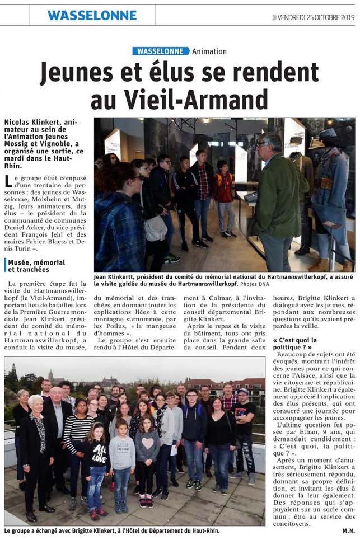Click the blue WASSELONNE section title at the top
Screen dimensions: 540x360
click(x=92, y=15)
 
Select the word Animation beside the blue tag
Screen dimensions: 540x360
click(x=209, y=51)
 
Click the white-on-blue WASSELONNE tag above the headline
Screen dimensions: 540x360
click(x=161, y=51)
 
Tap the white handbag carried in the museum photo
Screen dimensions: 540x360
click(x=155, y=227)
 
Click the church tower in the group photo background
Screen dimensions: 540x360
click(x=50, y=375)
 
